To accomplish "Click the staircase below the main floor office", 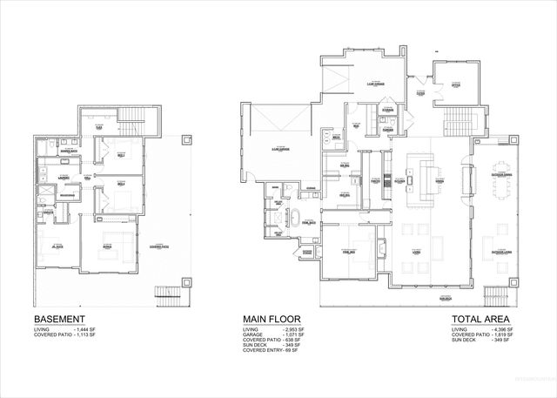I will point(454,121).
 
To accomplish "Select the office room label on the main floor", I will point(455,85).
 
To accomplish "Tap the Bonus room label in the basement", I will point(107,246).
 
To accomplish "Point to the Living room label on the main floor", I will point(416,253).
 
